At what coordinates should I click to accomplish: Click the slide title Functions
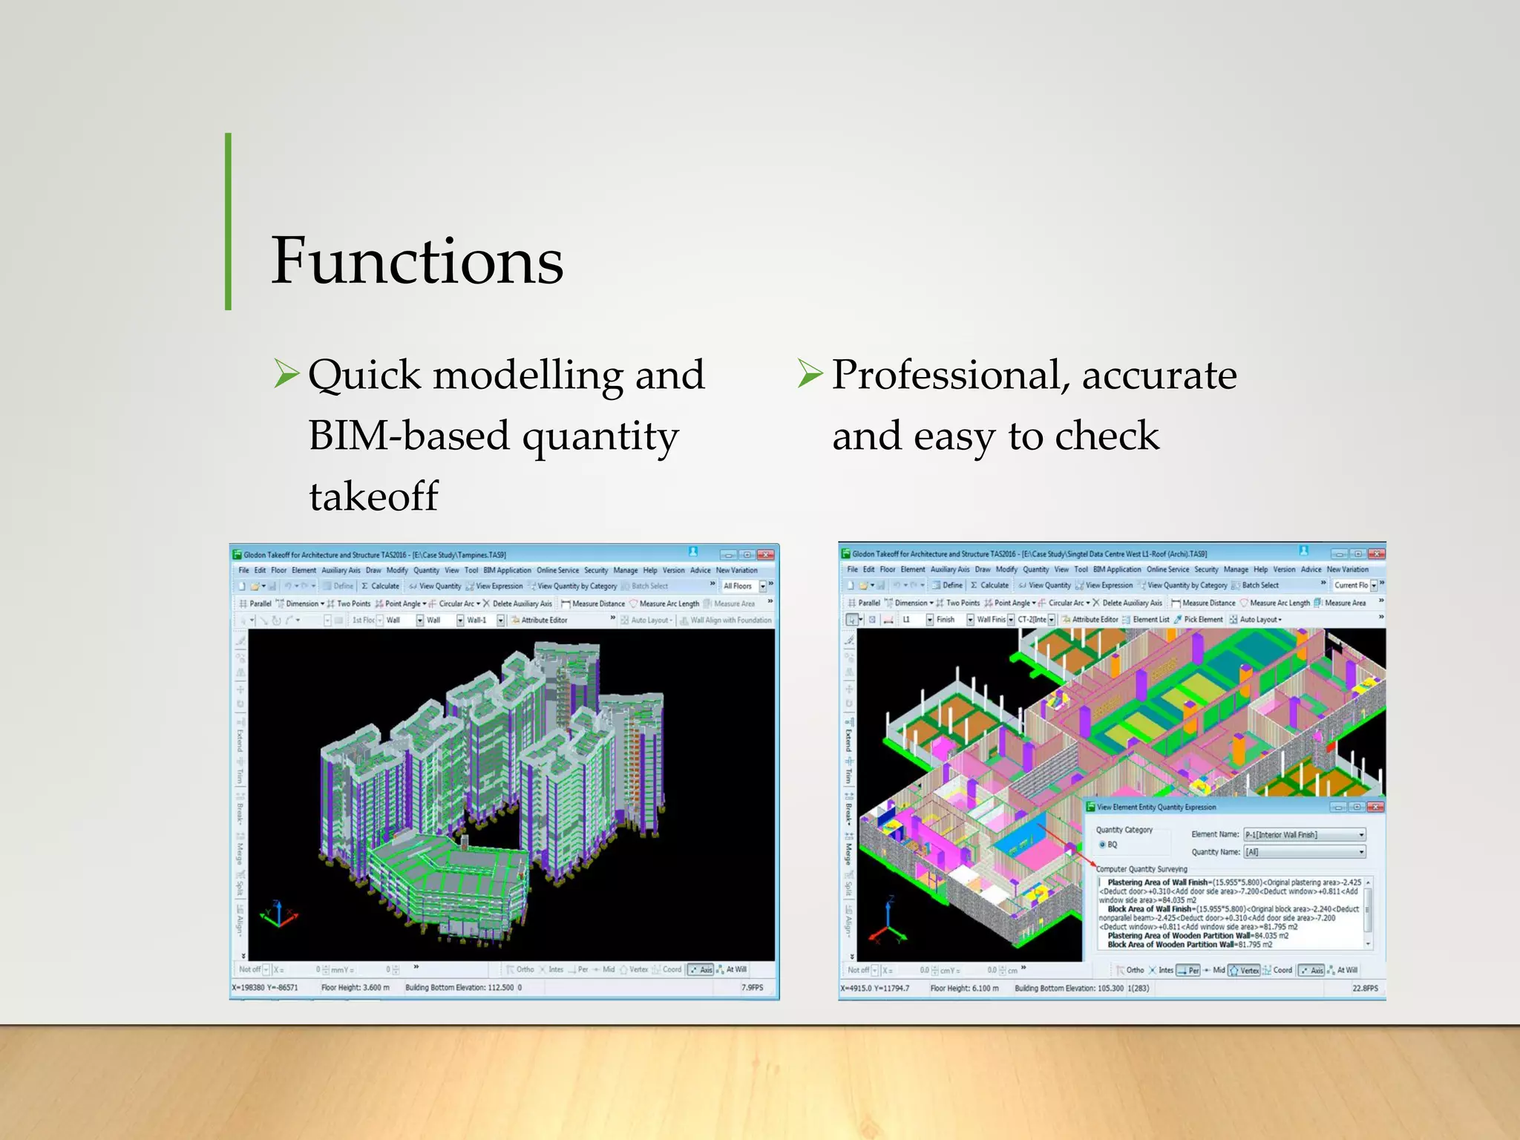pyautogui.click(x=417, y=261)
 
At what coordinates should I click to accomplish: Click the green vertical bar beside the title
pyautogui.click(x=229, y=221)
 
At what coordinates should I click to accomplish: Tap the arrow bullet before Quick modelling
pyautogui.click(x=286, y=373)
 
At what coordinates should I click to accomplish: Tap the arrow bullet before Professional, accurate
pyautogui.click(x=810, y=373)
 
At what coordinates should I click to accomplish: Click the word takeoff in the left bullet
pyautogui.click(x=374, y=497)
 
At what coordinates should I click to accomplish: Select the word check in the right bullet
pyautogui.click(x=1107, y=436)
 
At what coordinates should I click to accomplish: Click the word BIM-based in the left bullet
pyautogui.click(x=408, y=436)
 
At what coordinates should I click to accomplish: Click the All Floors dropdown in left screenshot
pyautogui.click(x=743, y=586)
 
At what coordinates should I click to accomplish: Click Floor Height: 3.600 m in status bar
pyautogui.click(x=356, y=988)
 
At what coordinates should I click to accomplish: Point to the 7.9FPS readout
pyautogui.click(x=752, y=988)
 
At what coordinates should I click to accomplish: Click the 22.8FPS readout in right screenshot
pyautogui.click(x=1364, y=989)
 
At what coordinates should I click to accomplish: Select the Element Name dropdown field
pyautogui.click(x=1304, y=835)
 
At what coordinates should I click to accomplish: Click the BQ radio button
pyautogui.click(x=1103, y=845)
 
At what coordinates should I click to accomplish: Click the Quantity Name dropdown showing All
pyautogui.click(x=1304, y=852)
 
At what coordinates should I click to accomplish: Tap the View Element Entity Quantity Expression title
pyautogui.click(x=1156, y=807)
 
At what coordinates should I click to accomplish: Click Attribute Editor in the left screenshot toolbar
pyautogui.click(x=543, y=620)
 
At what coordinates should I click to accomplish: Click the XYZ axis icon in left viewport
pyautogui.click(x=278, y=915)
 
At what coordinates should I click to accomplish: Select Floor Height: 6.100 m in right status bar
pyautogui.click(x=964, y=989)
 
